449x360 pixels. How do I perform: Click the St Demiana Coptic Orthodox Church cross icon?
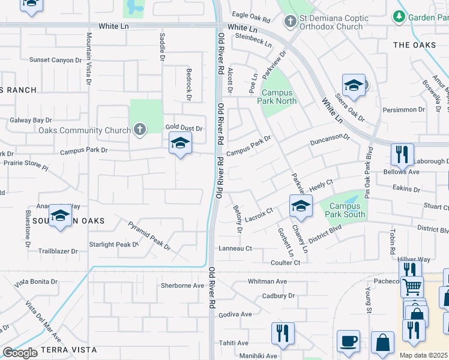point(290,22)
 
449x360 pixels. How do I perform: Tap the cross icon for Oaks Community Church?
point(139,130)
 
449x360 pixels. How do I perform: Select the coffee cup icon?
point(348,340)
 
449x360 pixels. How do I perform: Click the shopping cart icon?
point(412,287)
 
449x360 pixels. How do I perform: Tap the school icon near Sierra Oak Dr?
point(354,86)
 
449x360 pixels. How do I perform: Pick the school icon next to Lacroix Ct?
point(301,206)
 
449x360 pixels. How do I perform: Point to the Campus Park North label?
point(279,97)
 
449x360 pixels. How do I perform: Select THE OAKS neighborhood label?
point(414,45)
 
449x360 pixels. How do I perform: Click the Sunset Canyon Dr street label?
point(55,60)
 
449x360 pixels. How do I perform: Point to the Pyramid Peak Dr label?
point(149,235)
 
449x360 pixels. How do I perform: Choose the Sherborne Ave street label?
point(182,286)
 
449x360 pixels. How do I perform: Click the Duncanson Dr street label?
point(330,140)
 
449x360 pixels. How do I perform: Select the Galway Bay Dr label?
point(31,121)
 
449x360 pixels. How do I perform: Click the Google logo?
point(20,353)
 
